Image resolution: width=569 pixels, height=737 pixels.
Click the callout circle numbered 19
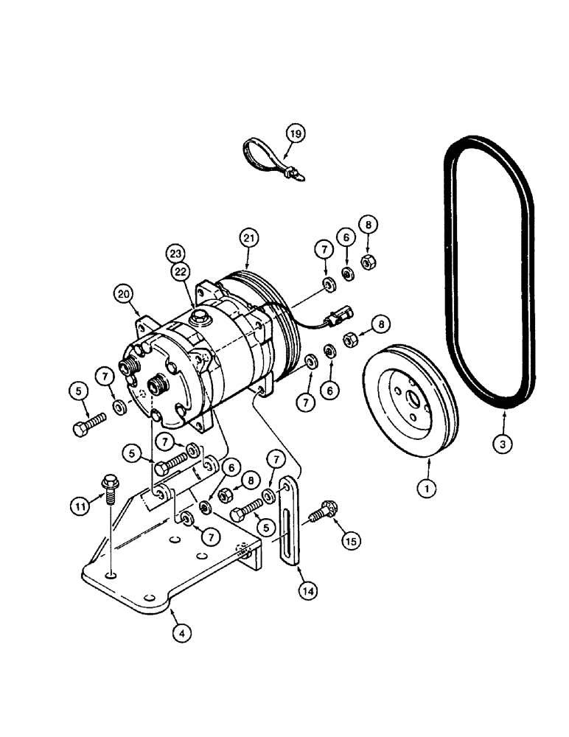296,134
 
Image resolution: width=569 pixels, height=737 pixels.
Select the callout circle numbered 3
504,444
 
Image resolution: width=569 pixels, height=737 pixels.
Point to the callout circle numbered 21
247,238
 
